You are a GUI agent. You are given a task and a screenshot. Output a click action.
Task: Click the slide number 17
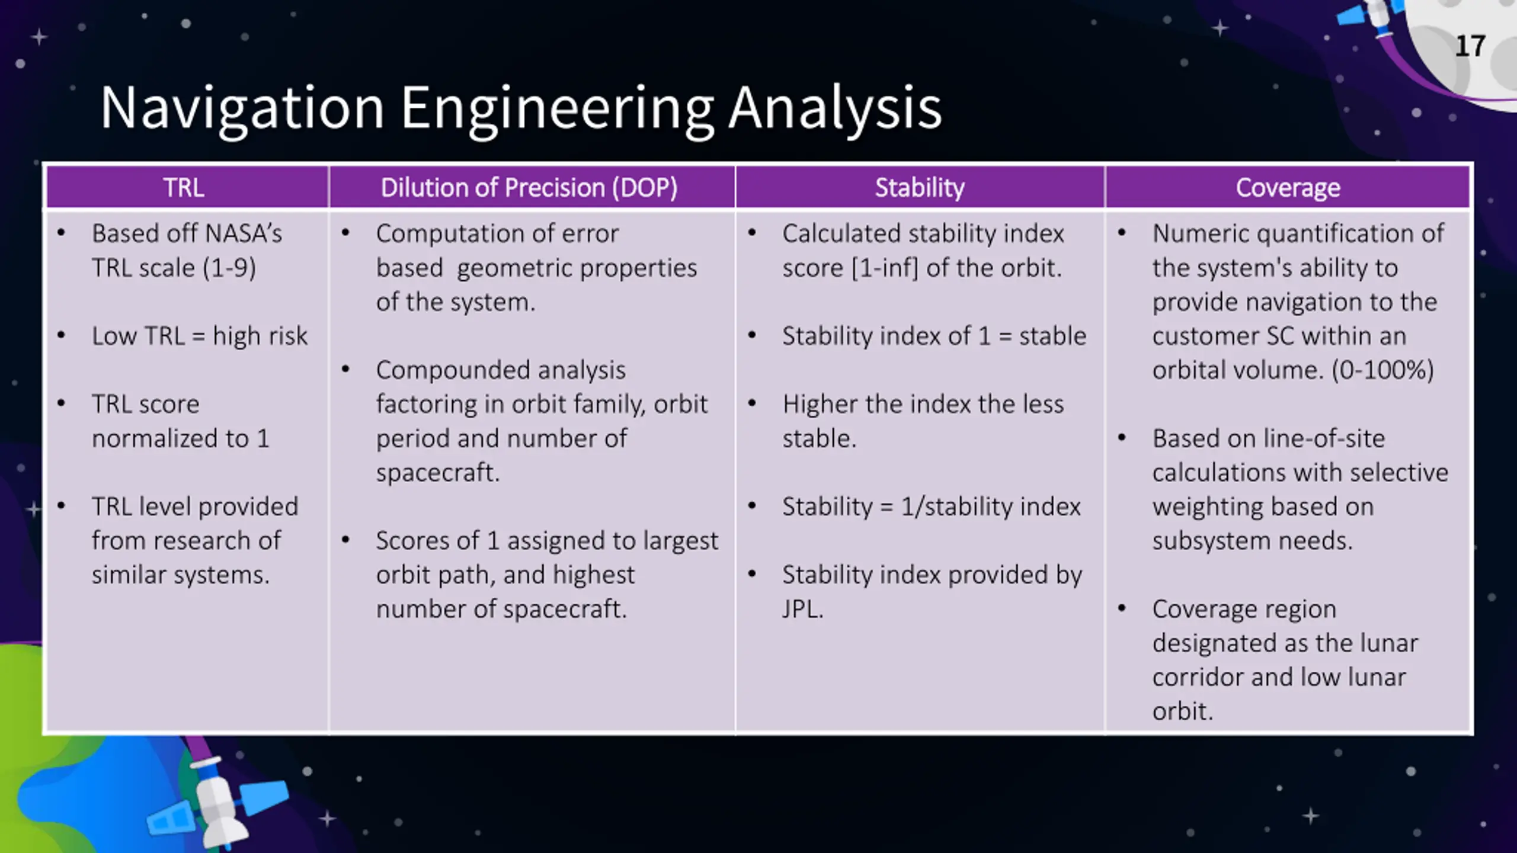pyautogui.click(x=1470, y=46)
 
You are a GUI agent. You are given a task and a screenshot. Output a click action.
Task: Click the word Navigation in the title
pyautogui.click(x=242, y=108)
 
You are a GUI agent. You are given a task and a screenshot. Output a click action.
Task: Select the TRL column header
pyautogui.click(x=184, y=188)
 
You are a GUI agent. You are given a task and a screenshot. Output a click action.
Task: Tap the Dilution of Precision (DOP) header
pyautogui.click(x=529, y=188)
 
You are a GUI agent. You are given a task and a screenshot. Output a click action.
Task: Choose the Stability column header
pyautogui.click(x=920, y=188)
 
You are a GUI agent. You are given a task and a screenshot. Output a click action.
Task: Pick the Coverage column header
pyautogui.click(x=1288, y=188)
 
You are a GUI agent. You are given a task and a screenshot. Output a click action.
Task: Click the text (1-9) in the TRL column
pyautogui.click(x=230, y=268)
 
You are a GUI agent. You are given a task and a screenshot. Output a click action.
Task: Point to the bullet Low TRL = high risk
pyautogui.click(x=200, y=336)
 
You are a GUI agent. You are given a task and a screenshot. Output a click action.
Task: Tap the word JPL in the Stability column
pyautogui.click(x=802, y=609)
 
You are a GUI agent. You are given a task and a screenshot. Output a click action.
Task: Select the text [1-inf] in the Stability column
pyautogui.click(x=885, y=268)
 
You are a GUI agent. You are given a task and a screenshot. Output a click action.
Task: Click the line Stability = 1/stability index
pyautogui.click(x=932, y=506)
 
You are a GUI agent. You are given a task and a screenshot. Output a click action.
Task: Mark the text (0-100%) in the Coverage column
pyautogui.click(x=1382, y=370)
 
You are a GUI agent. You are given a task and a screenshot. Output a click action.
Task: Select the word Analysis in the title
pyautogui.click(x=835, y=108)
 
